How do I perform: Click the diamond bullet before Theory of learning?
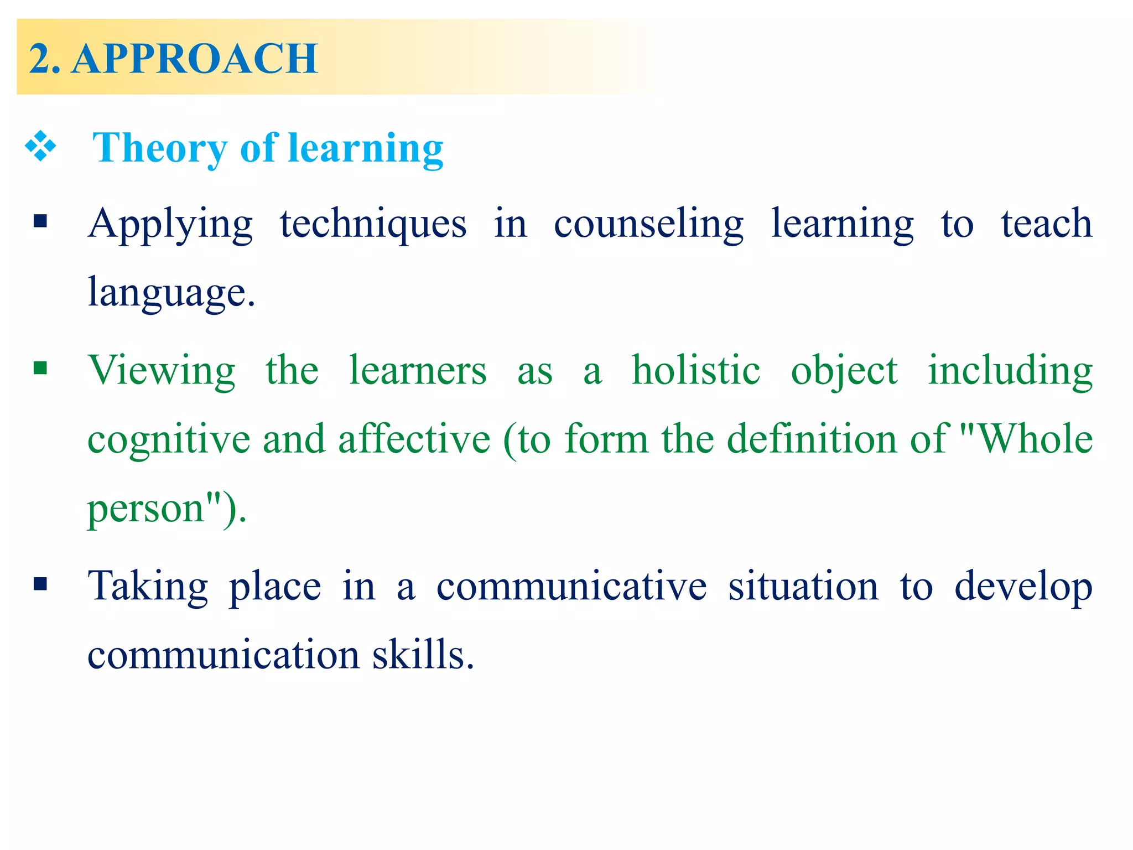click(x=40, y=147)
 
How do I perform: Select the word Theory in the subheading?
click(x=159, y=148)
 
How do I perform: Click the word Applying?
click(x=170, y=224)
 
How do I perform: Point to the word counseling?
click(x=648, y=224)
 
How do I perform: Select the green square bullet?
click(x=40, y=368)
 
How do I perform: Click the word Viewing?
click(x=162, y=371)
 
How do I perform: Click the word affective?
click(x=414, y=438)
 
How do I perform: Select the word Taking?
click(x=148, y=587)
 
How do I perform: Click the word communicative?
click(x=571, y=586)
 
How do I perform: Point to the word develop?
click(x=1023, y=587)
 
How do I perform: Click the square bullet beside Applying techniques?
click(x=40, y=222)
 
